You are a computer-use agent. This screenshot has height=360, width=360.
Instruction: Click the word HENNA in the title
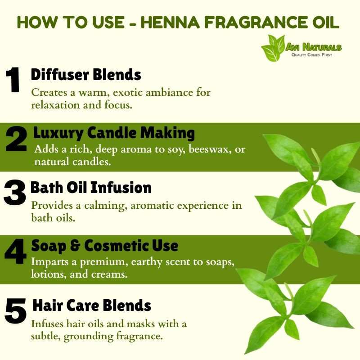tap(170, 22)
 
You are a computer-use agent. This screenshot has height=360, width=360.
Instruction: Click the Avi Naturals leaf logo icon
tap(273, 48)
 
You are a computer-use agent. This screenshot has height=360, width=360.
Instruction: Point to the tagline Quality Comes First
tap(311, 55)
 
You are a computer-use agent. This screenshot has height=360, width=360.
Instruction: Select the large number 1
tap(13, 80)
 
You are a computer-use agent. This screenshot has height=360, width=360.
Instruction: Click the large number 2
tap(16, 139)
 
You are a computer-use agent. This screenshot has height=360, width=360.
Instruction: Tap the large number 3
tap(14, 193)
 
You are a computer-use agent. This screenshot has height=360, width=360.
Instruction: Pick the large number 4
tap(15, 251)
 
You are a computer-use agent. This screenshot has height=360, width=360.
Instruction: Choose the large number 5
tap(15, 311)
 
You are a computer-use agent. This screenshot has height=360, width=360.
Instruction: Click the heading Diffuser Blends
tap(86, 75)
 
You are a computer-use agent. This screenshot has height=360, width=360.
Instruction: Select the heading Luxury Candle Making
tap(114, 133)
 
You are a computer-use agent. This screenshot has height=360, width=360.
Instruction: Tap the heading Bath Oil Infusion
tap(91, 188)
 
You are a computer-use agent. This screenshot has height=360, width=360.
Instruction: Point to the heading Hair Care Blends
tap(92, 306)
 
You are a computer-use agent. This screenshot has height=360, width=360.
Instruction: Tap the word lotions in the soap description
tap(48, 274)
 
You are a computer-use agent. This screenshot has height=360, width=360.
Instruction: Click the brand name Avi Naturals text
tap(313, 47)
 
